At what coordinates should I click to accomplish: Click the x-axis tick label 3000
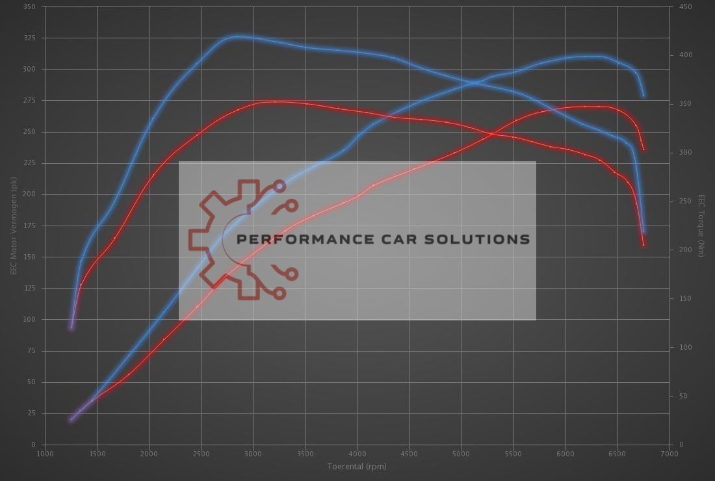click(253, 454)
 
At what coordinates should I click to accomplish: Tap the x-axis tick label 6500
click(617, 454)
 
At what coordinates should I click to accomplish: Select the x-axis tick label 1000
click(45, 454)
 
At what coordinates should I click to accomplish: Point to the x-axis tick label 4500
click(409, 454)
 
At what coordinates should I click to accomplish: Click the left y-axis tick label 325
click(30, 38)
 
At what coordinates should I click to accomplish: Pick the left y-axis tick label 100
click(30, 319)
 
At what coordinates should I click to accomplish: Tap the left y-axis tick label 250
click(30, 132)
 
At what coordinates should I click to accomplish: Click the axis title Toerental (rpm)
click(357, 467)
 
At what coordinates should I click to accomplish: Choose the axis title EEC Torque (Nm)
click(701, 226)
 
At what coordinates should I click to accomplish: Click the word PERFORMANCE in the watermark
click(309, 239)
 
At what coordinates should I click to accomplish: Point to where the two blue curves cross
click(480, 82)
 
